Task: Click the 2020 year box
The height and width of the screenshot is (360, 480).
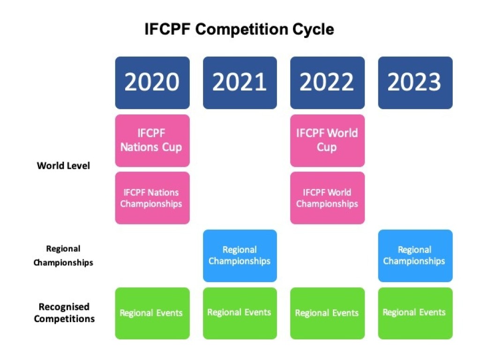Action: pyautogui.click(x=152, y=82)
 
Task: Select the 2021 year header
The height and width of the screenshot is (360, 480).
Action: pyautogui.click(x=240, y=82)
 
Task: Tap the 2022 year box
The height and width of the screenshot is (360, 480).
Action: pyautogui.click(x=328, y=82)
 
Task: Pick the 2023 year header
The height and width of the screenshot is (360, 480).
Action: pyautogui.click(x=415, y=82)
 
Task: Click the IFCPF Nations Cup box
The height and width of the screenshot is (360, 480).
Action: pyautogui.click(x=152, y=141)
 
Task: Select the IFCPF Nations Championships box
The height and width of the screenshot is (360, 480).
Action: pyautogui.click(x=152, y=198)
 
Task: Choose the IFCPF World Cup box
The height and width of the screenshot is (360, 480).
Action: pyautogui.click(x=328, y=141)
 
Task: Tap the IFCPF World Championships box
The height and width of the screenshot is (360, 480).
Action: pyautogui.click(x=328, y=198)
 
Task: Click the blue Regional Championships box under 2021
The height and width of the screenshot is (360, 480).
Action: pyautogui.click(x=240, y=256)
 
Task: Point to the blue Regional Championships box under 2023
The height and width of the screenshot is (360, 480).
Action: pyautogui.click(x=415, y=256)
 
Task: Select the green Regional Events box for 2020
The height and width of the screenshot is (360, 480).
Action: pyautogui.click(x=152, y=314)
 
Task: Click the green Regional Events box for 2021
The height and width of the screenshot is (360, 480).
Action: pyautogui.click(x=240, y=314)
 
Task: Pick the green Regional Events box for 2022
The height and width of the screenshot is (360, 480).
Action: pyautogui.click(x=328, y=314)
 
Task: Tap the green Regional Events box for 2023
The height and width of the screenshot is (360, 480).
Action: pyautogui.click(x=415, y=314)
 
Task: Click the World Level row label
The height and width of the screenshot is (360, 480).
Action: pyautogui.click(x=63, y=165)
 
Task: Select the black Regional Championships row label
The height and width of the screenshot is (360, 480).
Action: pyautogui.click(x=63, y=255)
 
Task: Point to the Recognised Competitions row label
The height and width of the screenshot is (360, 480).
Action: pyautogui.click(x=64, y=313)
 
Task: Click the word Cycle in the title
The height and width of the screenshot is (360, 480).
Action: pyautogui.click(x=313, y=30)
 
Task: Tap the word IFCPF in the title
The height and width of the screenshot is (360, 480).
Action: pyautogui.click(x=167, y=30)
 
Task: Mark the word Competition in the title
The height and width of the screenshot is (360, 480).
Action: pyautogui.click(x=241, y=30)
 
